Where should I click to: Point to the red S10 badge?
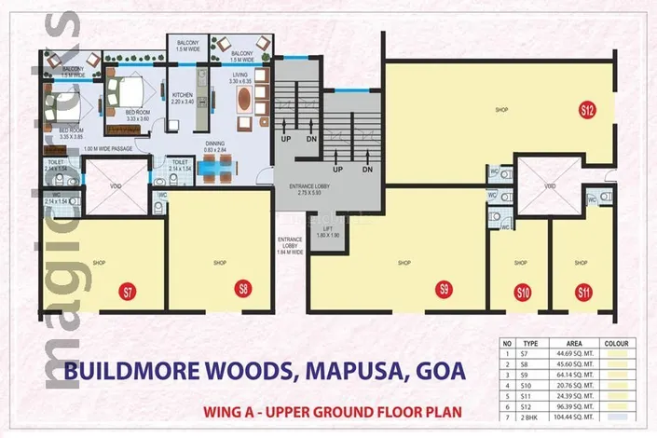coord(523,292)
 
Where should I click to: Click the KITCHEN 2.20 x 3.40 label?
coord(181,98)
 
